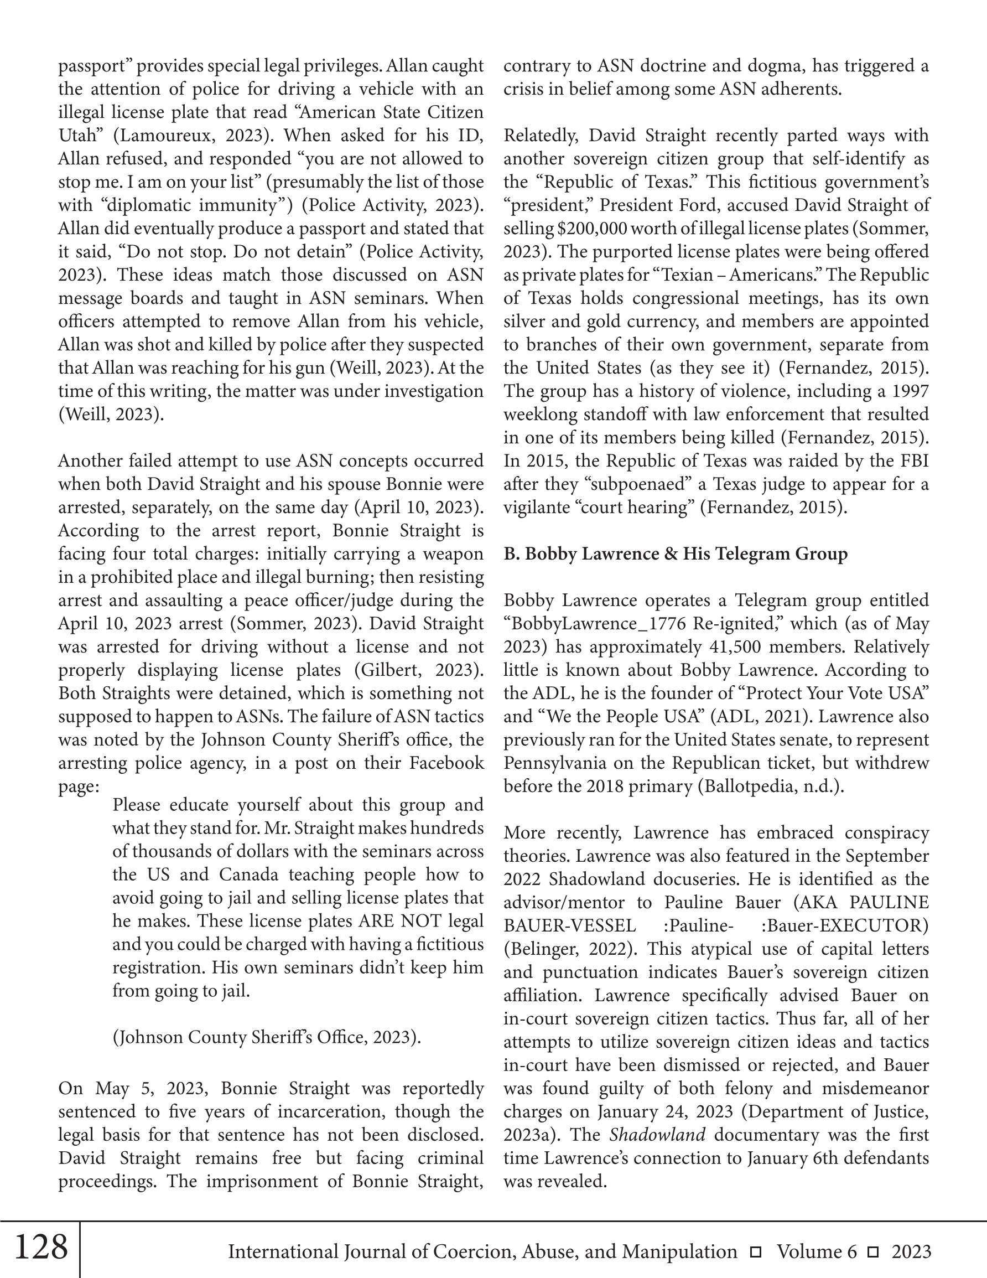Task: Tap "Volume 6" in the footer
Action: (817, 1251)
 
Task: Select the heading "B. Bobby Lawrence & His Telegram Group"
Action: (675, 553)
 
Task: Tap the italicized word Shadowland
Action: (657, 1135)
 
